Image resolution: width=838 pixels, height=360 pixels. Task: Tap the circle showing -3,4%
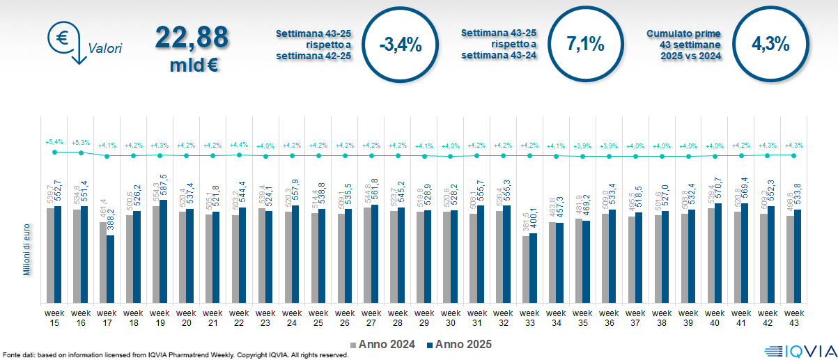[x=401, y=45]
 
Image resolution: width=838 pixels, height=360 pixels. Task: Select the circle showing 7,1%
[x=585, y=45]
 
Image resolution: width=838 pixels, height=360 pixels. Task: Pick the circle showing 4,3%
[x=770, y=45]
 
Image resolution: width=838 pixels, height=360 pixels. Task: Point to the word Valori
[x=105, y=49]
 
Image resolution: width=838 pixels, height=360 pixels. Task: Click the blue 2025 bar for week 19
[x=164, y=251]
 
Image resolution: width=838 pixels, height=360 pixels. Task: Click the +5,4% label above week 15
[x=54, y=141]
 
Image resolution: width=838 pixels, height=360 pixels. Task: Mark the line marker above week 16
[x=81, y=152]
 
